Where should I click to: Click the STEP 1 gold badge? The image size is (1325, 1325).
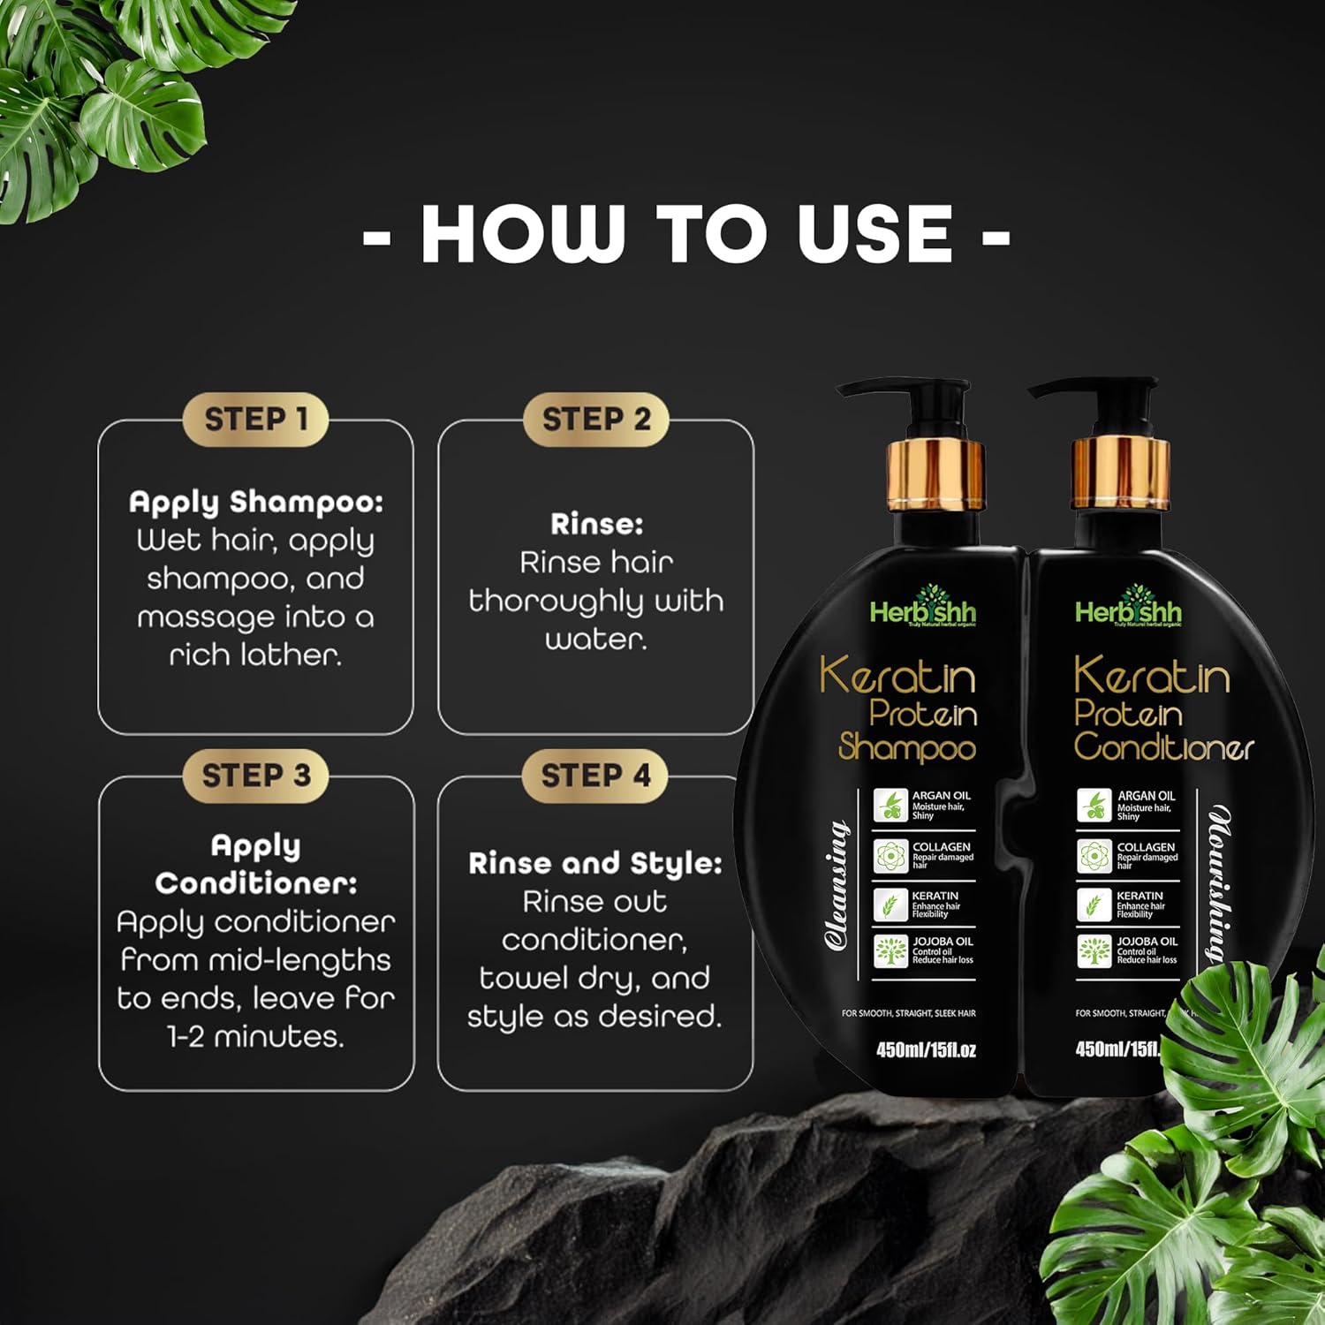click(x=255, y=419)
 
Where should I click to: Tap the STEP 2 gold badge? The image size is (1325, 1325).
click(x=595, y=419)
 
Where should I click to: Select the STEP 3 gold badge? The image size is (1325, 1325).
click(x=255, y=776)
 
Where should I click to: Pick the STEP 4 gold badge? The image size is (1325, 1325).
click(x=595, y=776)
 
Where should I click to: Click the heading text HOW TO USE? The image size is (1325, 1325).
click(x=686, y=234)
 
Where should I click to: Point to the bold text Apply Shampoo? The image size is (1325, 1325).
click(x=256, y=502)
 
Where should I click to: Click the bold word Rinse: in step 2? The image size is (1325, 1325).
click(x=596, y=524)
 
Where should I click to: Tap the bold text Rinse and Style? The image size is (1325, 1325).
click(x=595, y=863)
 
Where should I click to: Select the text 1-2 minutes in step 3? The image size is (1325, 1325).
click(x=255, y=1036)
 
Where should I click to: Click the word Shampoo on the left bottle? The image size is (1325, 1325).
click(x=907, y=748)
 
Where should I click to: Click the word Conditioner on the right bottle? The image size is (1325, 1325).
click(x=1163, y=747)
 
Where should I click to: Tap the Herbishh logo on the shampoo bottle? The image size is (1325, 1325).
click(x=923, y=609)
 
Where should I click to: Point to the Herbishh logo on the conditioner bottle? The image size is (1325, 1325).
click(x=1128, y=609)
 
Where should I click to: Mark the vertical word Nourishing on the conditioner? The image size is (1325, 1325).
click(x=1221, y=883)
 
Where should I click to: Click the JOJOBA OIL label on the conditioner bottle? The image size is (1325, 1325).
click(x=1147, y=942)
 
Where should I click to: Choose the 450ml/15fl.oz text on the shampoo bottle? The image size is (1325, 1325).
click(x=926, y=1050)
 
